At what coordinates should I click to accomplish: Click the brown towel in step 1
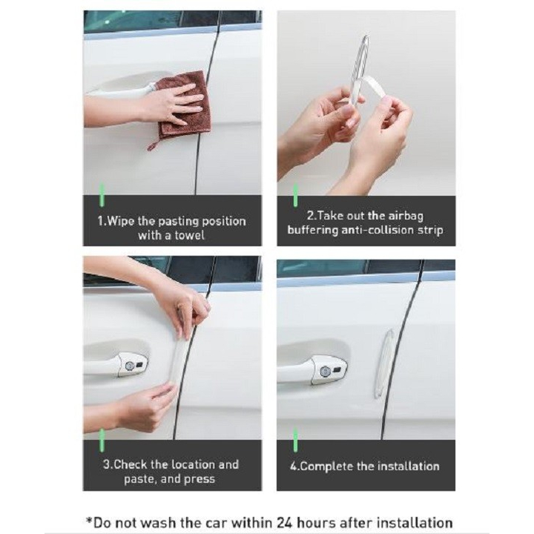click(x=184, y=105)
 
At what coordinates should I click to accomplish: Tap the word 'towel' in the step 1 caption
click(x=189, y=235)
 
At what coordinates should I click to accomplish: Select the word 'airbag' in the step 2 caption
click(x=406, y=217)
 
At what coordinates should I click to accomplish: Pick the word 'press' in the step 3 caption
click(x=200, y=479)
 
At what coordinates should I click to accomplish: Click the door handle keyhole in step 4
click(x=325, y=371)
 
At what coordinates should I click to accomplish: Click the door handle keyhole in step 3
click(x=129, y=366)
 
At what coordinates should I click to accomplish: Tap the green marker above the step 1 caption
click(x=102, y=195)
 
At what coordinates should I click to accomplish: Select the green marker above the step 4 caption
click(x=295, y=440)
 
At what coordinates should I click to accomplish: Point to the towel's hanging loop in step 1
click(x=153, y=145)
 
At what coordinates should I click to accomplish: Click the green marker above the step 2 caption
click(x=295, y=195)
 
